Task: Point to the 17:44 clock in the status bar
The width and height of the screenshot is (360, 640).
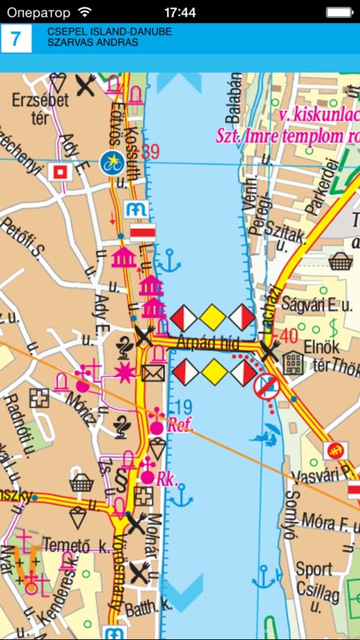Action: pyautogui.click(x=180, y=12)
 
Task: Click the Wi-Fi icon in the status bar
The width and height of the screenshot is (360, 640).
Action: pyautogui.click(x=84, y=12)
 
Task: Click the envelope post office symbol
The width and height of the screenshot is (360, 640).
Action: pyautogui.click(x=153, y=373)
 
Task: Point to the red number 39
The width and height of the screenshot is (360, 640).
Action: pyautogui.click(x=153, y=152)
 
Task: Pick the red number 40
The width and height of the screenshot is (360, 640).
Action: pyautogui.click(x=288, y=335)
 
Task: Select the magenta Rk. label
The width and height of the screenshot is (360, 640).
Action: pyautogui.click(x=166, y=480)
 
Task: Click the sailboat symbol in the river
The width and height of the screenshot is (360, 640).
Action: pyautogui.click(x=270, y=440)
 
